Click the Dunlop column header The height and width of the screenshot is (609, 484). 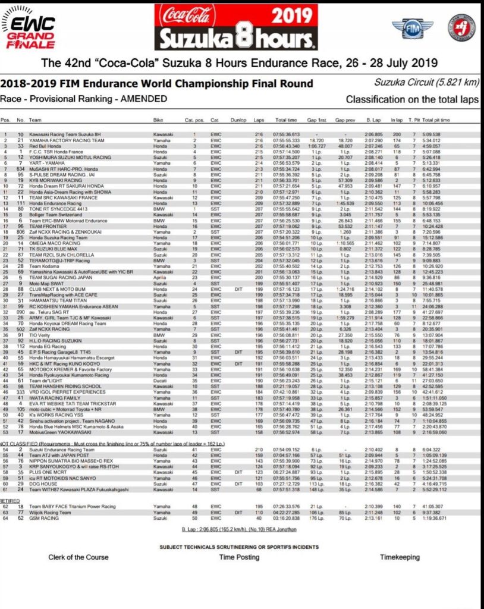coord(238,120)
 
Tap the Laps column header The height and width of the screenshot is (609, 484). coord(259,120)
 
